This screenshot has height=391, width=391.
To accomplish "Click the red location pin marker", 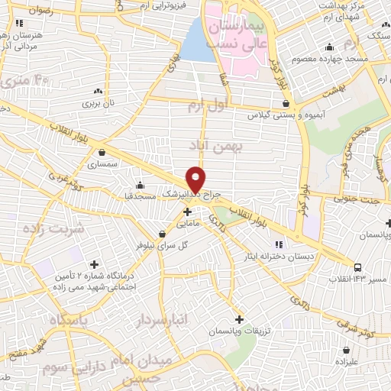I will click(x=196, y=178).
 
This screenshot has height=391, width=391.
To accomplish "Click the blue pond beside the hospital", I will click(x=198, y=40).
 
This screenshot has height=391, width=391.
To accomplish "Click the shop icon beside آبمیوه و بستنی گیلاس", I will click(x=286, y=103).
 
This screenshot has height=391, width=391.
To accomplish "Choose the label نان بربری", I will click(x=99, y=102).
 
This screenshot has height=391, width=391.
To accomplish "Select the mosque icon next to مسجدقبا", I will click(x=140, y=185).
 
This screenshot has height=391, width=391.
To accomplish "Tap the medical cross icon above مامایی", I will click(x=188, y=212).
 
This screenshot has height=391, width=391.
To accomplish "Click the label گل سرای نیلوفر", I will click(x=161, y=246).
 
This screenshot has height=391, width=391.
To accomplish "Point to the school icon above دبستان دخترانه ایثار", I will click(x=279, y=244).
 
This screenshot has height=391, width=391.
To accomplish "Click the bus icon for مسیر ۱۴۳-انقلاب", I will click(x=358, y=267).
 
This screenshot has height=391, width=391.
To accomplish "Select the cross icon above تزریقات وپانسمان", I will click(x=240, y=318).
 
